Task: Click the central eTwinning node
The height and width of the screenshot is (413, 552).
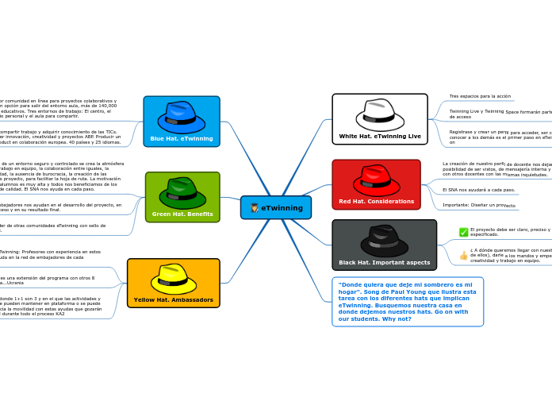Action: (x=276, y=208)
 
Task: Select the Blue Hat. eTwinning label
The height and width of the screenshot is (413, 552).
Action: (x=182, y=138)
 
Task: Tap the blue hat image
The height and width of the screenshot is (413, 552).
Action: (x=182, y=117)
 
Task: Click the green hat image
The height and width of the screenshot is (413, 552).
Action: (x=182, y=192)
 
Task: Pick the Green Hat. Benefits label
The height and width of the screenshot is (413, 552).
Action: (x=182, y=214)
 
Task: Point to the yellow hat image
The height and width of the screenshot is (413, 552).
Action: (x=174, y=279)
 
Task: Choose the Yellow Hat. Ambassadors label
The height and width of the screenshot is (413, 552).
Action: (x=174, y=299)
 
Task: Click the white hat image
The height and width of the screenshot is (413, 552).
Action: (x=380, y=114)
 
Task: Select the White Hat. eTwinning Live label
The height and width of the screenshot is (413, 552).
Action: (x=380, y=136)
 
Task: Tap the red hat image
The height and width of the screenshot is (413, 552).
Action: (x=376, y=180)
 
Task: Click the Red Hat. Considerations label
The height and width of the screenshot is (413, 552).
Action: (x=376, y=202)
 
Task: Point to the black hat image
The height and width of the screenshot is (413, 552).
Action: (x=385, y=241)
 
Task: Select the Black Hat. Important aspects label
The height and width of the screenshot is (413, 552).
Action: (x=385, y=262)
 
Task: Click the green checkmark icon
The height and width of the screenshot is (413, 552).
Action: (x=463, y=232)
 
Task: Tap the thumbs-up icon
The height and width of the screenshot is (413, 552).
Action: (x=463, y=255)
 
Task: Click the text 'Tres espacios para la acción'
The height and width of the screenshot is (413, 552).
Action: (x=480, y=96)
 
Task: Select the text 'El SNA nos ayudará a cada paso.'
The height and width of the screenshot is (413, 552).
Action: (x=478, y=190)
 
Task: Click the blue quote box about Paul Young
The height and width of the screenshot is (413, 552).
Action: (x=408, y=302)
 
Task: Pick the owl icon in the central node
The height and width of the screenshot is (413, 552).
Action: (x=254, y=208)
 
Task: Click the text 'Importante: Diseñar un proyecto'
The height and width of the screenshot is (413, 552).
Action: (x=479, y=205)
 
